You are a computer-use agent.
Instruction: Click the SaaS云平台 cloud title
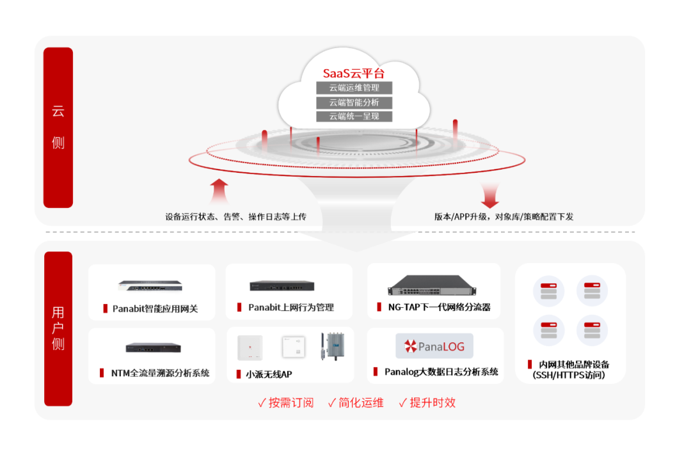pos(353,73)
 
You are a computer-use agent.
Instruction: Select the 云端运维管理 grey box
pos(354,88)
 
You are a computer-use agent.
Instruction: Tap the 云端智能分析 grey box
pos(354,102)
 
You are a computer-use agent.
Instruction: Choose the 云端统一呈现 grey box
pos(354,116)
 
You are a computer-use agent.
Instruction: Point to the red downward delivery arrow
pos(490,195)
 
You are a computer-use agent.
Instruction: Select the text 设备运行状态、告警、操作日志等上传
pos(235,216)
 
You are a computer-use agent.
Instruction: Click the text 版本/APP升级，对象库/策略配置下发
pos(504,216)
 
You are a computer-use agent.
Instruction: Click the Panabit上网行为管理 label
pos(291,307)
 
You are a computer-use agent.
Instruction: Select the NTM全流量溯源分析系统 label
pos(160,373)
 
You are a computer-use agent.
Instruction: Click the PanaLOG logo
pos(434,346)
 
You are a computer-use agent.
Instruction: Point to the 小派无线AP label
pos(269,374)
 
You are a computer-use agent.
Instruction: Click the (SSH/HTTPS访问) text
pos(569,376)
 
